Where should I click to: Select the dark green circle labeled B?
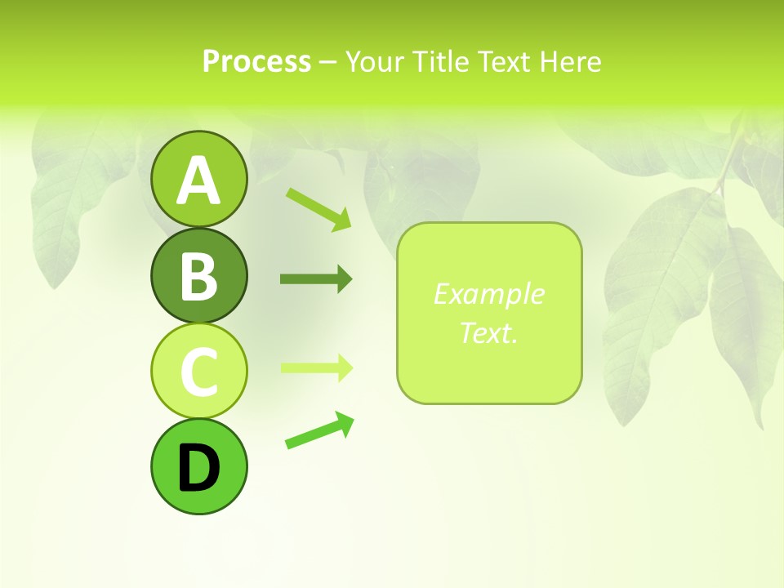click(198, 276)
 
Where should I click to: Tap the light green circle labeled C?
click(198, 372)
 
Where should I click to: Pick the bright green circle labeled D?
click(198, 466)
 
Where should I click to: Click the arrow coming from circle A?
click(318, 208)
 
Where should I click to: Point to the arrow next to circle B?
click(316, 279)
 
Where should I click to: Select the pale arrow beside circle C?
click(316, 367)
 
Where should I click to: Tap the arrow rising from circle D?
click(319, 430)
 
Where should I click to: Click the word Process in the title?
click(256, 61)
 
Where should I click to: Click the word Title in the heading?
click(439, 61)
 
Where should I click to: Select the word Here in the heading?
click(571, 61)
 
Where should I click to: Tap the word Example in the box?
click(488, 294)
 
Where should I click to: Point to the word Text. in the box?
click(488, 332)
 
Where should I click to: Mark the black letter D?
click(198, 469)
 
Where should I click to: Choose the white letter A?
click(198, 181)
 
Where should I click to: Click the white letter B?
click(198, 276)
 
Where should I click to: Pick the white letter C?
click(198, 372)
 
